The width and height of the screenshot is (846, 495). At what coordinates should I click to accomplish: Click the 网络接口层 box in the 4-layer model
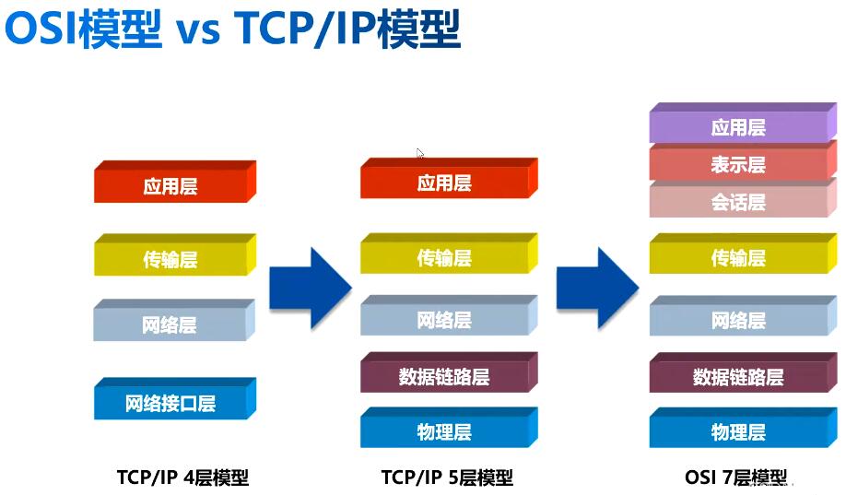tap(175, 399)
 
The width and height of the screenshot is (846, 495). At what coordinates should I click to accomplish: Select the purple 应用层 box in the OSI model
tap(743, 124)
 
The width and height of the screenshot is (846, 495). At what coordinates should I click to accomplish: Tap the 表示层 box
tap(743, 161)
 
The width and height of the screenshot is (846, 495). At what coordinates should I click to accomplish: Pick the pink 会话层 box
tap(743, 199)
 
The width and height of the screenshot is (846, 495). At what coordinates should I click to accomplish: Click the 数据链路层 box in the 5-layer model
tap(449, 372)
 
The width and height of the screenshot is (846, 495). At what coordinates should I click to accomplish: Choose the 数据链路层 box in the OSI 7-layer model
tap(743, 373)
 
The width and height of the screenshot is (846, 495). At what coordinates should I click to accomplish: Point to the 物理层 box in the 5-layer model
tap(449, 428)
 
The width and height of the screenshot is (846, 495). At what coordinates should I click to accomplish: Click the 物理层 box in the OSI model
tap(743, 428)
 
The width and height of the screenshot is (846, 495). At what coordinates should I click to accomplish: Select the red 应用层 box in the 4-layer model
tap(175, 182)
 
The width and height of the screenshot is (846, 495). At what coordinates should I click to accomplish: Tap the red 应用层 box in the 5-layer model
tap(449, 178)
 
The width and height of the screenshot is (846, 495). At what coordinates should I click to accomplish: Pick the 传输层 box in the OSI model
tap(743, 253)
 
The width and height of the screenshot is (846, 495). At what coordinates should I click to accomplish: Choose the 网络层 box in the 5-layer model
tap(449, 316)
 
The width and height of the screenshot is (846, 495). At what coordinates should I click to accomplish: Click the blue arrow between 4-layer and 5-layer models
tap(311, 289)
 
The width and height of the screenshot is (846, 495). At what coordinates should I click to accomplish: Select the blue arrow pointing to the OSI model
tap(598, 289)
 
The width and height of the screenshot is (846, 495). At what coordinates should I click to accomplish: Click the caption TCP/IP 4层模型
tap(182, 477)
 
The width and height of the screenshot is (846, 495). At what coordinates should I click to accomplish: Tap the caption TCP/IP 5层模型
tap(447, 477)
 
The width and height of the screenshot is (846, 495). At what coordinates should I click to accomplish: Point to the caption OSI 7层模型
tap(736, 477)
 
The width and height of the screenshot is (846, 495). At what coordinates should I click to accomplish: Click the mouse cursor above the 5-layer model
tap(420, 154)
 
